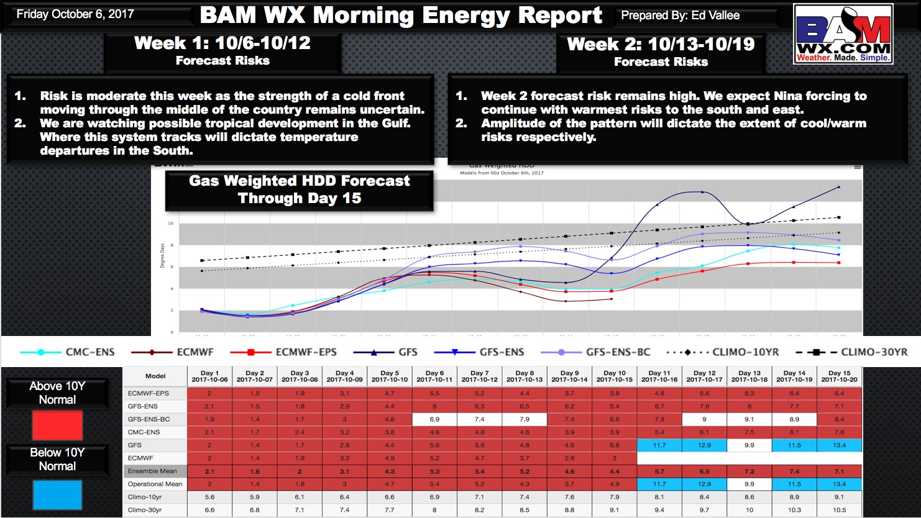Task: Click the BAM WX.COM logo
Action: click(x=843, y=34)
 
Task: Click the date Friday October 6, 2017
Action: click(x=75, y=14)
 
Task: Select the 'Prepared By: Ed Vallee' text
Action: click(x=680, y=16)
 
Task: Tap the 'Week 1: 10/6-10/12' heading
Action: click(x=222, y=43)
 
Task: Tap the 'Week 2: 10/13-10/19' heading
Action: click(x=661, y=45)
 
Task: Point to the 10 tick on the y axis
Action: click(x=171, y=224)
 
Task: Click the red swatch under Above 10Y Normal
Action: click(x=57, y=426)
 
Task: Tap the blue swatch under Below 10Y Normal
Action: click(x=57, y=495)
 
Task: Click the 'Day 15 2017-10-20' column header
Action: click(x=839, y=376)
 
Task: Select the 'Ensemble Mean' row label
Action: click(x=153, y=471)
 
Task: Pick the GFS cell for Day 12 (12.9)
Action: click(x=704, y=445)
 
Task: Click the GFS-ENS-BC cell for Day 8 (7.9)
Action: click(x=524, y=419)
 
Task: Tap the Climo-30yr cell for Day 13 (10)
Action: click(x=749, y=510)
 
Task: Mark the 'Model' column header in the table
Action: click(x=155, y=376)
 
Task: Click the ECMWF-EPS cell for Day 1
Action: click(x=209, y=393)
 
